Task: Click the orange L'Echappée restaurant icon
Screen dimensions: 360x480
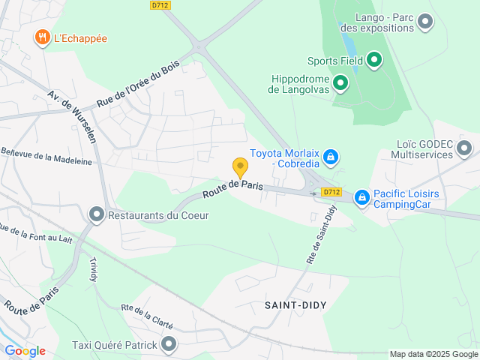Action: click(42, 37)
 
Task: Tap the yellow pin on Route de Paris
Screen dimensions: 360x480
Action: click(240, 167)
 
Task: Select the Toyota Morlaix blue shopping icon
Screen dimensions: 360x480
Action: click(331, 157)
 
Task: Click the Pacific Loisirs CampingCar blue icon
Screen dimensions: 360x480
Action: click(362, 197)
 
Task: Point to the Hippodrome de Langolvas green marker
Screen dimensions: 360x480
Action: click(340, 82)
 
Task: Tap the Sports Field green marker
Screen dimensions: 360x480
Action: click(374, 60)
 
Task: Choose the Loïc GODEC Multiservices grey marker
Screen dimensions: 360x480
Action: click(464, 148)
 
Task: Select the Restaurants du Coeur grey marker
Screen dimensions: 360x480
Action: click(97, 215)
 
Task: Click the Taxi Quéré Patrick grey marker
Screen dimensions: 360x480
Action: click(169, 345)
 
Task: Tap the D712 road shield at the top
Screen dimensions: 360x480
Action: click(159, 4)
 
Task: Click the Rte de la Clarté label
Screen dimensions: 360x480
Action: click(147, 316)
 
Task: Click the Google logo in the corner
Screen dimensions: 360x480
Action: click(25, 350)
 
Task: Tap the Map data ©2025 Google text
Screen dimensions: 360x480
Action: click(433, 354)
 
